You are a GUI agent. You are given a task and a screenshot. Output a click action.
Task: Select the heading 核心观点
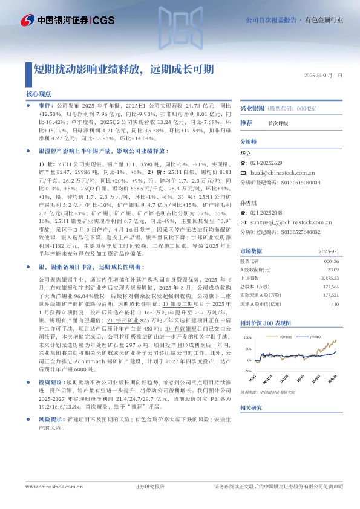point(39,94)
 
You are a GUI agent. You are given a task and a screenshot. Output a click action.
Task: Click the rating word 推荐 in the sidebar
point(246,123)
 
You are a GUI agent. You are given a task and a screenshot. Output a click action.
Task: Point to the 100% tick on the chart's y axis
point(247,336)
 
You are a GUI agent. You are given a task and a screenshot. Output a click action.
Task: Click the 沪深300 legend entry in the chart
point(314,334)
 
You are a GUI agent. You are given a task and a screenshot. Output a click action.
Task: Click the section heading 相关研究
point(252,408)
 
